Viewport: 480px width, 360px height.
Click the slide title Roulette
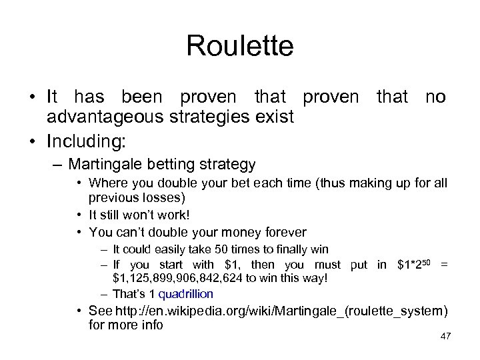tap(239, 46)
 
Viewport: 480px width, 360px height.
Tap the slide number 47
tap(445, 336)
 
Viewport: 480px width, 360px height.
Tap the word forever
tap(281, 233)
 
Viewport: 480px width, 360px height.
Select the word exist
tap(275, 117)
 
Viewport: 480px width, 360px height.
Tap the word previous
tap(111, 198)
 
